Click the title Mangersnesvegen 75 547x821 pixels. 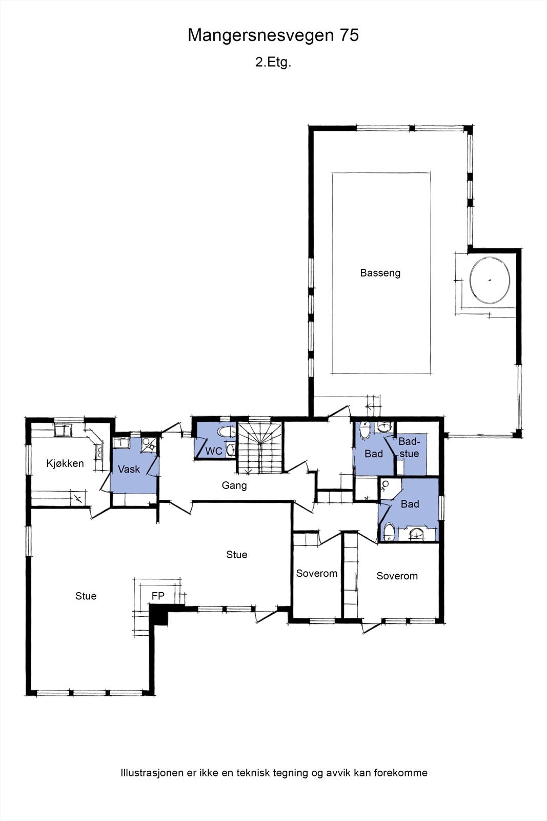click(273, 35)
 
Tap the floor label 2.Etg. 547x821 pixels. click(273, 63)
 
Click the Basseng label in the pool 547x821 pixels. click(380, 273)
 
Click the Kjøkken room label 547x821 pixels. click(65, 463)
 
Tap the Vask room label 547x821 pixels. click(129, 469)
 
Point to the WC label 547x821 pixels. click(214, 452)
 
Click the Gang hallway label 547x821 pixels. click(234, 485)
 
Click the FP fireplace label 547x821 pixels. click(158, 596)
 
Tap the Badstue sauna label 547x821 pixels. click(409, 447)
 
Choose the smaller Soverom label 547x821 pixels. click(316, 573)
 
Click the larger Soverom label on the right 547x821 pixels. click(397, 576)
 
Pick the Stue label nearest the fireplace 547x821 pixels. click(86, 596)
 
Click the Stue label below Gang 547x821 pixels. click(236, 554)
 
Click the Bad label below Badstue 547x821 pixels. click(410, 504)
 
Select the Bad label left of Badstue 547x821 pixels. click(374, 454)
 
